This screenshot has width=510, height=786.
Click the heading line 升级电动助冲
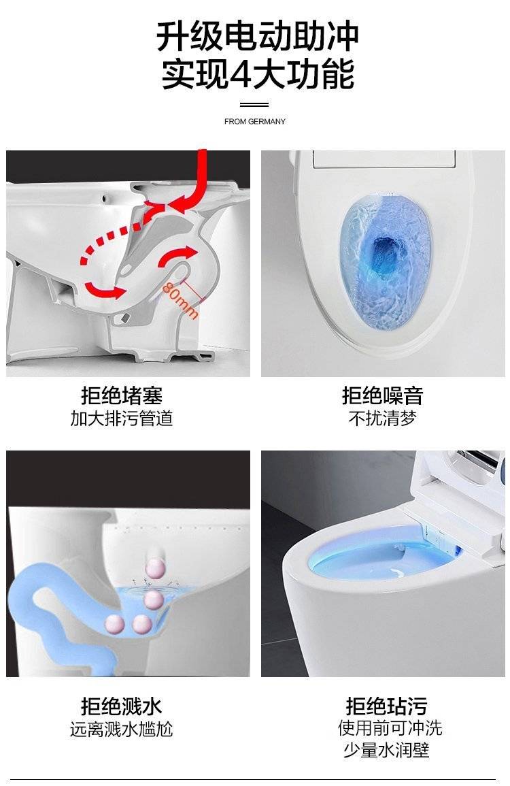[x=257, y=36]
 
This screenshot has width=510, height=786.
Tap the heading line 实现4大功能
[x=258, y=74]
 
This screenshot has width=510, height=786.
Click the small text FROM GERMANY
[x=255, y=121]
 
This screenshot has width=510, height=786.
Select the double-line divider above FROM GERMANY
[x=254, y=105]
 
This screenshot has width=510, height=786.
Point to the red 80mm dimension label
[x=180, y=299]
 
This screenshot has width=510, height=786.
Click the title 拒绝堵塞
[x=122, y=396]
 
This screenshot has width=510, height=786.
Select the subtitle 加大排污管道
[x=122, y=419]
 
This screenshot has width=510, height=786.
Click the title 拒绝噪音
[x=383, y=396]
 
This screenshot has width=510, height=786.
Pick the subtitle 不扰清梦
[x=383, y=418]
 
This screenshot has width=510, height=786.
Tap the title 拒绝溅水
[x=122, y=707]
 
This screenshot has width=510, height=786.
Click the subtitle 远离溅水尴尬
[x=122, y=730]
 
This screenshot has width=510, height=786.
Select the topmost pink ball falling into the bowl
[x=155, y=568]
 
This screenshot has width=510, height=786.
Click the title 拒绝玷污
[x=386, y=707]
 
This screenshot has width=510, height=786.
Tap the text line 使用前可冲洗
[x=390, y=728]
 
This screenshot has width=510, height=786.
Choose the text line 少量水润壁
[x=386, y=751]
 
